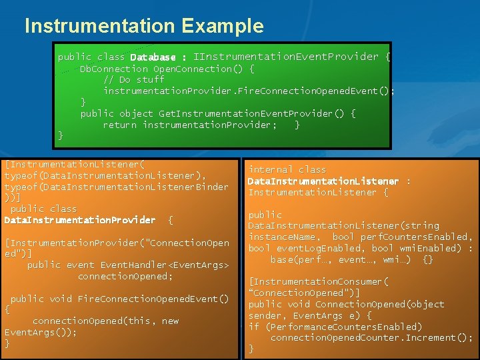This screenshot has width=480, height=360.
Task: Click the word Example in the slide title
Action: click(x=222, y=27)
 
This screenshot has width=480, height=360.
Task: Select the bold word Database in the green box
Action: click(x=153, y=57)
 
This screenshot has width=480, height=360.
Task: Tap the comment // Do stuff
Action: click(x=133, y=80)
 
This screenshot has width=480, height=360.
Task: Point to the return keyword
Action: click(x=120, y=125)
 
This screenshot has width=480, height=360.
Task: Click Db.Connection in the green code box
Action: click(x=114, y=69)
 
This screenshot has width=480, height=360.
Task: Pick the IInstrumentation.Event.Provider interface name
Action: click(x=285, y=57)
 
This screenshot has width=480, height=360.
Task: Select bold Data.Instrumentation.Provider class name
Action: click(x=79, y=220)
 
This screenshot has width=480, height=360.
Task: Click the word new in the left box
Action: click(x=170, y=321)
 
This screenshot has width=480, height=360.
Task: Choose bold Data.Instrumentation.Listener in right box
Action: click(x=323, y=181)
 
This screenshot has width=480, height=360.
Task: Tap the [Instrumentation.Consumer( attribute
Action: click(x=318, y=281)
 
